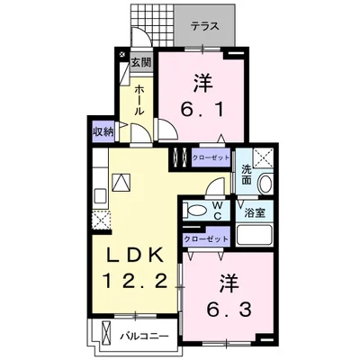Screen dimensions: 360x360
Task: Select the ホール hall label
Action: pyautogui.click(x=140, y=99)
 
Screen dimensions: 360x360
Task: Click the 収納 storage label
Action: pyautogui.click(x=103, y=131)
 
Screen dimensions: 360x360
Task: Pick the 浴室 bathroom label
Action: pyautogui.click(x=255, y=212)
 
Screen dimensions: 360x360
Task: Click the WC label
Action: pyautogui.click(x=218, y=210)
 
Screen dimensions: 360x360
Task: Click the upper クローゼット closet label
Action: pyautogui.click(x=211, y=156)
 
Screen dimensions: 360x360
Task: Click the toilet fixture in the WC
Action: pyautogui.click(x=193, y=211)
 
